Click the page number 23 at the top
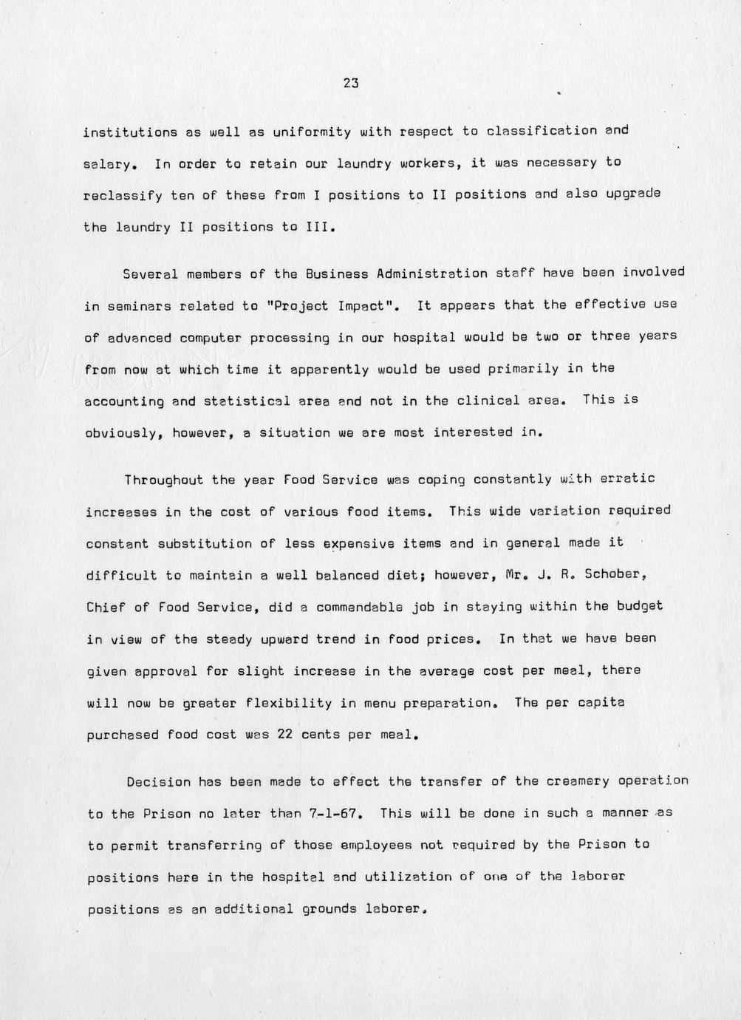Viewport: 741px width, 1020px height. (x=351, y=84)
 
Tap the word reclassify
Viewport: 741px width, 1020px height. (x=123, y=195)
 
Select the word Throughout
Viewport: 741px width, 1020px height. (x=163, y=480)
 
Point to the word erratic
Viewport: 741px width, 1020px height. (x=627, y=478)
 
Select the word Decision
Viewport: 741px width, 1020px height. (x=159, y=782)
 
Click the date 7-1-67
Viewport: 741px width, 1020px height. (x=333, y=814)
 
